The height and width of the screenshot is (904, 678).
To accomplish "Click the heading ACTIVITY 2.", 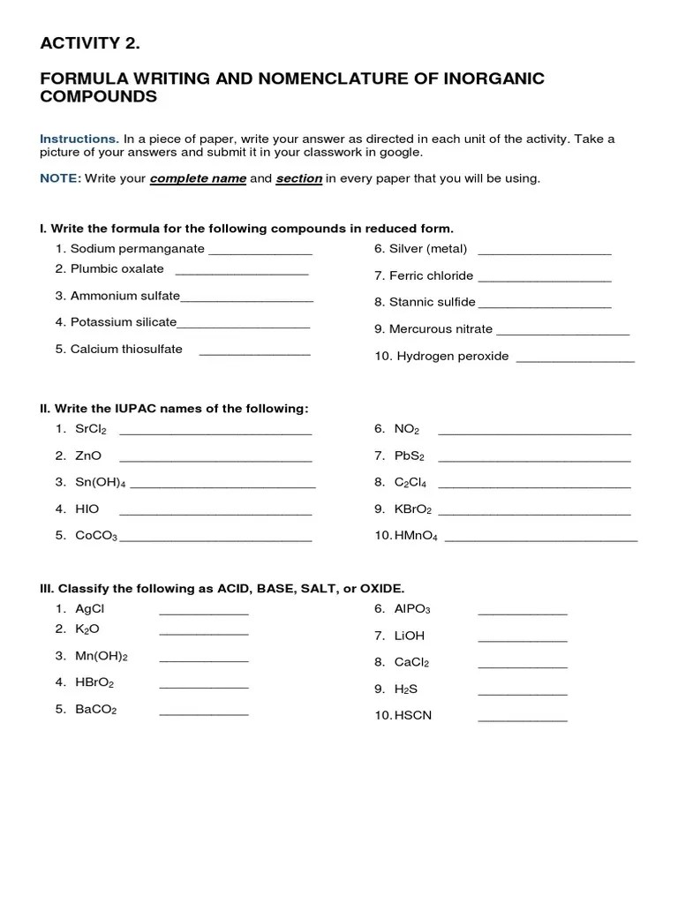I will pyautogui.click(x=89, y=43).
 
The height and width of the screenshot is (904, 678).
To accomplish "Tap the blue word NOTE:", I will pyautogui.click(x=61, y=178).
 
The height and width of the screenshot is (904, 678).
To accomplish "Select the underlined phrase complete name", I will pyautogui.click(x=198, y=178).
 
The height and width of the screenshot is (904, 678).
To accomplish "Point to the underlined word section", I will pyautogui.click(x=298, y=178).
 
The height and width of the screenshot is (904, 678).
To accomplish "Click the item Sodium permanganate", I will pyautogui.click(x=137, y=249).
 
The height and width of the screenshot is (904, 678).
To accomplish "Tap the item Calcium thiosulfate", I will pyautogui.click(x=126, y=349).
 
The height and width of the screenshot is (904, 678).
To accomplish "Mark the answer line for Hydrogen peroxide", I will pyautogui.click(x=575, y=361).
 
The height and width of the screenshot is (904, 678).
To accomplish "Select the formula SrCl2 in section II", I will pyautogui.click(x=91, y=429).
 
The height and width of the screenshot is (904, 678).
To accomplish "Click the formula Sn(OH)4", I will pyautogui.click(x=102, y=482).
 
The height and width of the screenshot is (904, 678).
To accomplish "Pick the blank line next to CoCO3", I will pyautogui.click(x=215, y=539).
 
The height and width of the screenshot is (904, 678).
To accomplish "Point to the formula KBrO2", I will pyautogui.click(x=413, y=509).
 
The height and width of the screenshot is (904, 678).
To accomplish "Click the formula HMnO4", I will pyautogui.click(x=417, y=536).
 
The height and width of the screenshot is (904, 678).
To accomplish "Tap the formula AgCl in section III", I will pyautogui.click(x=90, y=609).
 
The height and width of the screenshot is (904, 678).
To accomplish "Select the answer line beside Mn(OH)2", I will pyautogui.click(x=204, y=660).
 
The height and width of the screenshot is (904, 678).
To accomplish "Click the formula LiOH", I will pyautogui.click(x=410, y=636).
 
